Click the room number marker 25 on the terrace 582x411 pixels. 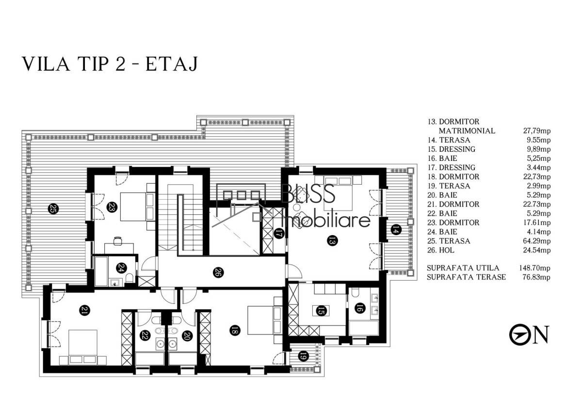point(53,209)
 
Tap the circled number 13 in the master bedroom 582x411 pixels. point(332,241)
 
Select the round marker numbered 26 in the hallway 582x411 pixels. point(218,272)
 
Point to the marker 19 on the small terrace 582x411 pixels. point(303,356)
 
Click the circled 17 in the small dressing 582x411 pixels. point(278,234)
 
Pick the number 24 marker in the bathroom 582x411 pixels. point(122,267)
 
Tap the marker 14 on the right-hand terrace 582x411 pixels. point(395,230)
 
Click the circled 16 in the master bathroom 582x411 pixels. point(360,308)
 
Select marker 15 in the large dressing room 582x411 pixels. point(321,311)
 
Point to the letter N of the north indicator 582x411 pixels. point(540,334)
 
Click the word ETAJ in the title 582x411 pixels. point(172,64)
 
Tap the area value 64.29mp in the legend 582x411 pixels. point(537,241)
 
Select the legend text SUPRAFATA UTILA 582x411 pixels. point(463,268)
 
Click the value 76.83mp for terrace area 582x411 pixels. point(536,277)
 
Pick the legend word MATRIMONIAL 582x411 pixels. point(467,131)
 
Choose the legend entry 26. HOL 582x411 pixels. point(441,250)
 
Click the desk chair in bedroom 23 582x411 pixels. point(118,240)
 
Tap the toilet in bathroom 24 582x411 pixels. point(129,278)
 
